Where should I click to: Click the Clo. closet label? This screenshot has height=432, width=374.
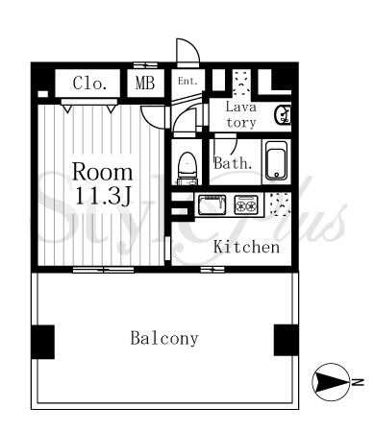click(x=89, y=84)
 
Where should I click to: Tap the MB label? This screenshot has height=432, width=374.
click(x=145, y=83)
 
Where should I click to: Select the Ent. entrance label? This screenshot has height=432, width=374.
click(x=187, y=81)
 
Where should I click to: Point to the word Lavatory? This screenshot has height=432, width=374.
click(x=241, y=114)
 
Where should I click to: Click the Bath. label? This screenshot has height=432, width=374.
click(x=233, y=163)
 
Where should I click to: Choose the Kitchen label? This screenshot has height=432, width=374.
click(x=246, y=247)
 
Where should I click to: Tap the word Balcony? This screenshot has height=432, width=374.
click(x=164, y=338)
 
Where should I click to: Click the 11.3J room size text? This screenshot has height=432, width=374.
click(x=103, y=196)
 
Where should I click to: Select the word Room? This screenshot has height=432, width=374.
click(x=102, y=172)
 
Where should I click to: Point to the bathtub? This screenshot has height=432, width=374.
click(x=276, y=161)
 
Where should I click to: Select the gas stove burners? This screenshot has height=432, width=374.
click(x=246, y=204)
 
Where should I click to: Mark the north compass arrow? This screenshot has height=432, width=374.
click(x=331, y=382)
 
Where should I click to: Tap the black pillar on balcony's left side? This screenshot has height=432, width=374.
click(x=42, y=342)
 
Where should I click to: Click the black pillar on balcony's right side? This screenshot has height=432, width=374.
click(x=286, y=340)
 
